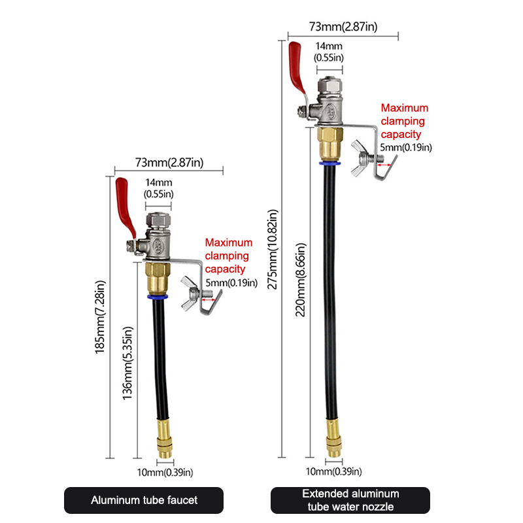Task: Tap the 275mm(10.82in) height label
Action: point(273,249)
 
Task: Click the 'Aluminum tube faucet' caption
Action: point(143,500)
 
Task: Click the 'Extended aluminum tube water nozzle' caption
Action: point(350,500)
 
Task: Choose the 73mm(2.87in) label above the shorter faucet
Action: point(169,161)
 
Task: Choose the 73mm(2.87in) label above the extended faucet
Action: point(343,27)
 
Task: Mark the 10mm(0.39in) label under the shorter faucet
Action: point(165,472)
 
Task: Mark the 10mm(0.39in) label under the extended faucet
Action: point(334,471)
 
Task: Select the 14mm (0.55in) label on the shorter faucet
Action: point(159,188)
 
